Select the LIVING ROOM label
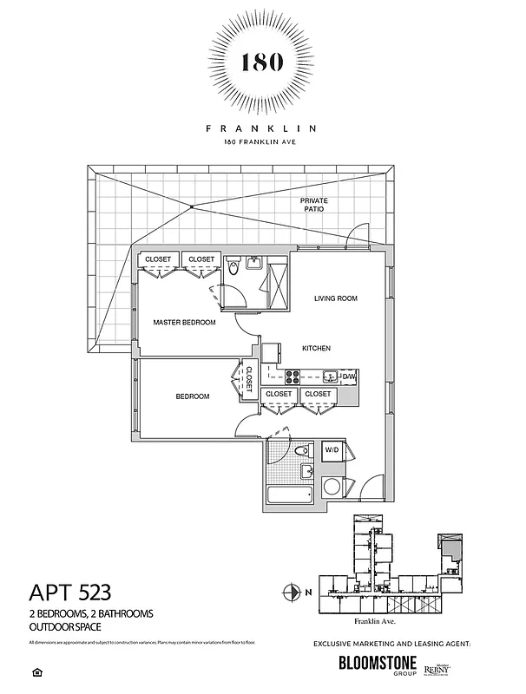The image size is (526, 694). tap(335, 298)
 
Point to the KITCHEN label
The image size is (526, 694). tap(315, 349)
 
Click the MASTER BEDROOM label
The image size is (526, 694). tap(184, 323)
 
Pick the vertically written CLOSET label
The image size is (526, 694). tap(248, 379)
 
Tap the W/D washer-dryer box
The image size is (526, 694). tap(332, 451)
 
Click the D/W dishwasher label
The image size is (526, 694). tap(348, 376)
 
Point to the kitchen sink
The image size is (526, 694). tap(329, 376)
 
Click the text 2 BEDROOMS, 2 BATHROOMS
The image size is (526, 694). tap(91, 613)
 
